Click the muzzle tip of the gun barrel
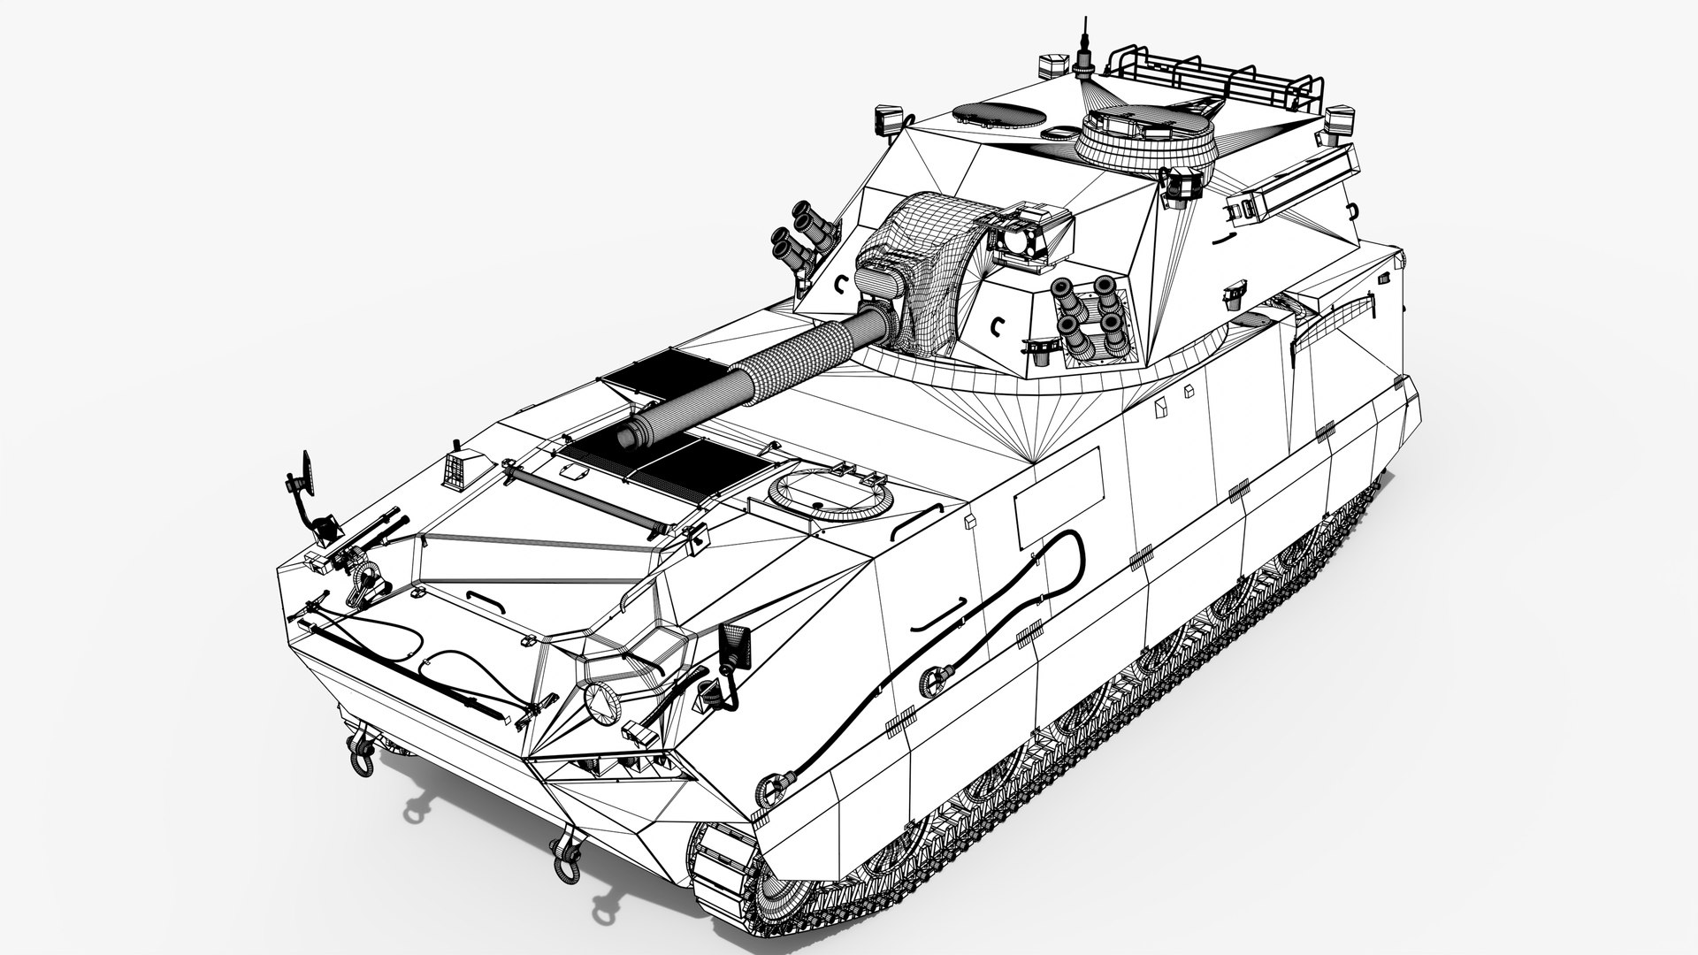631,436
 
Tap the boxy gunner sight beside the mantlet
1033,232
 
